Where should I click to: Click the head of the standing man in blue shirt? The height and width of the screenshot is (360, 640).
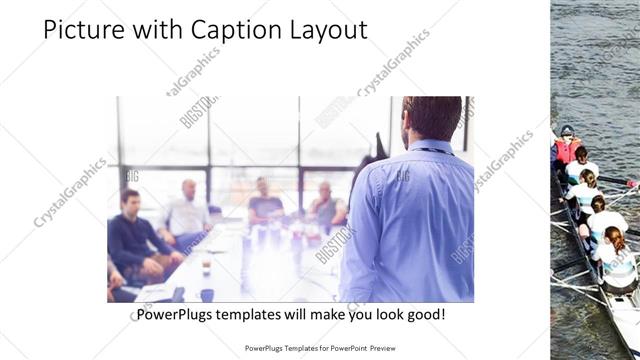(x=432, y=118)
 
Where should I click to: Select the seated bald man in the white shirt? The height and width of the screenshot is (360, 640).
(x=187, y=213)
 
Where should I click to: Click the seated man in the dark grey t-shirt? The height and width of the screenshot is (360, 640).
(x=264, y=205)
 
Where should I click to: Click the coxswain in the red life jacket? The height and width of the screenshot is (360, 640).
(x=567, y=150)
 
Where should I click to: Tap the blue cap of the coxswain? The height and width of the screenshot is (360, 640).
(x=567, y=130)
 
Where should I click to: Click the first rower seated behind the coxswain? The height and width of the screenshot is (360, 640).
(x=581, y=168)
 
